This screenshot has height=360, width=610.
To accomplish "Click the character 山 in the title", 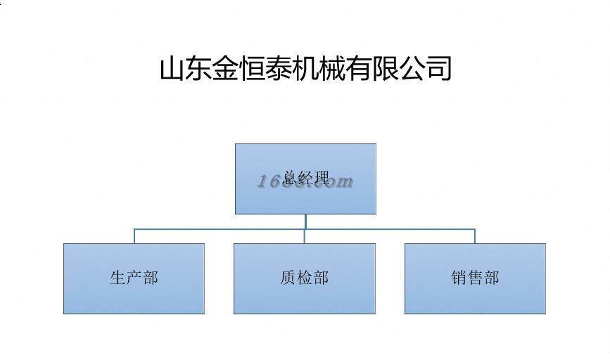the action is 172,69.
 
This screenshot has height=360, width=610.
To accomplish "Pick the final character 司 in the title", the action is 439,69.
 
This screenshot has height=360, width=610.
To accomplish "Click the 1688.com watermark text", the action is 305,181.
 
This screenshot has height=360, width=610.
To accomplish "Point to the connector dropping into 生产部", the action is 134,236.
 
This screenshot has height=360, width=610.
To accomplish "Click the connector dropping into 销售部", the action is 475,236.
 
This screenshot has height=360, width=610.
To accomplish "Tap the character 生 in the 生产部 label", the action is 117,278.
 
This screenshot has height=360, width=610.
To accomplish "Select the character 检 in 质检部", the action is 304,278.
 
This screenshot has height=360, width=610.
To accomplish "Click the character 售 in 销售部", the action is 475,278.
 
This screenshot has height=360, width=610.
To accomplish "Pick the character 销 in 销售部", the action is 459,278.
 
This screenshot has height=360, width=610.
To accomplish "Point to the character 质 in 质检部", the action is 288,278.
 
